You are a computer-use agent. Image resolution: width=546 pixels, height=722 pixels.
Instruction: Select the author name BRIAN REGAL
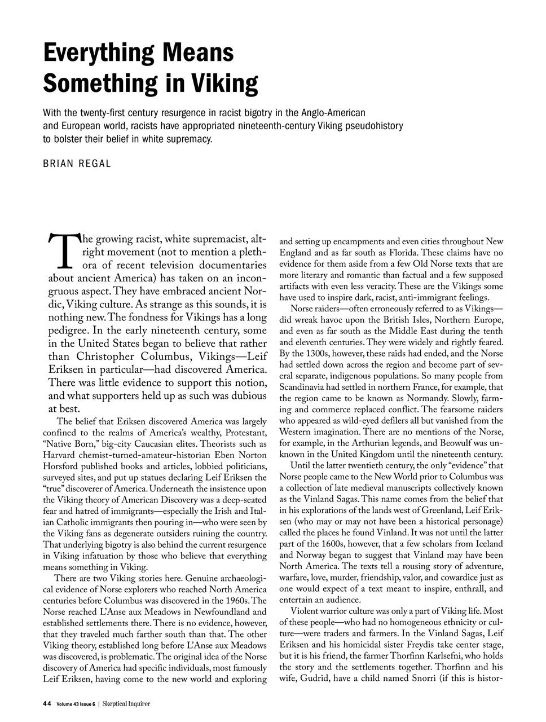pyautogui.click(x=77, y=164)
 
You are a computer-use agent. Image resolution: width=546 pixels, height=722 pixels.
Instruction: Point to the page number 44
pyautogui.click(x=47, y=703)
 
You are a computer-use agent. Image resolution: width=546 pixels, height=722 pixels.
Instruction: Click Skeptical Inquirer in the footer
pyautogui.click(x=126, y=703)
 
